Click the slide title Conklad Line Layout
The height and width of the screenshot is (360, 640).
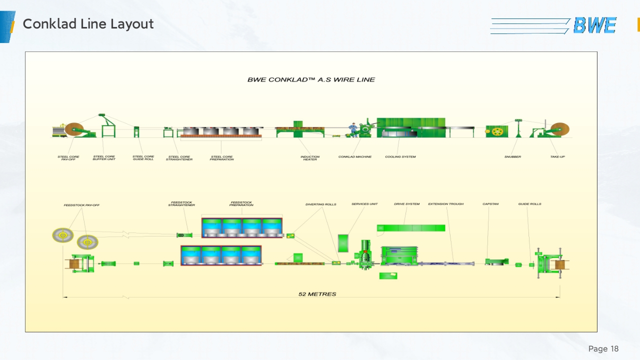[x=88, y=24]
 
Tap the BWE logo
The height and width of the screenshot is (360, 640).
[x=594, y=25]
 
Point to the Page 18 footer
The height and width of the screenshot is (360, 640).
[x=603, y=348]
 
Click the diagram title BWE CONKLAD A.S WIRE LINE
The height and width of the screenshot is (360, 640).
[x=311, y=79]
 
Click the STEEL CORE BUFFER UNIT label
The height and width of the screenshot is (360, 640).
[x=104, y=158]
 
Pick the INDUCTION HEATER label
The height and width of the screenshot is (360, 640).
[x=310, y=158]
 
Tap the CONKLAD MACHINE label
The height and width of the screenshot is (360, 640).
[x=355, y=157]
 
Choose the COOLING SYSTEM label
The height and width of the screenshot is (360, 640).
[x=400, y=157]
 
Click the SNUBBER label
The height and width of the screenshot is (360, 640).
[x=512, y=157]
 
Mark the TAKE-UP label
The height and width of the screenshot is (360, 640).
[x=557, y=157]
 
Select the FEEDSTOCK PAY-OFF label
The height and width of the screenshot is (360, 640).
[x=81, y=205]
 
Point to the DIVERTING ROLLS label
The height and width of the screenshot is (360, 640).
[x=321, y=204]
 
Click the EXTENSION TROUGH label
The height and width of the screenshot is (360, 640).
[x=446, y=204]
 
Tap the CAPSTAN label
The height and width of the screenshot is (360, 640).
[x=490, y=204]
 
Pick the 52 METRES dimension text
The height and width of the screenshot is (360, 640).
[x=317, y=294]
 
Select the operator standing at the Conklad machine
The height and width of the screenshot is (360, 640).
[x=353, y=129]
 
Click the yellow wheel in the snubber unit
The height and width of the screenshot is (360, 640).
[x=496, y=132]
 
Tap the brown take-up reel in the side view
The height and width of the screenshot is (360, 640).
[x=560, y=130]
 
